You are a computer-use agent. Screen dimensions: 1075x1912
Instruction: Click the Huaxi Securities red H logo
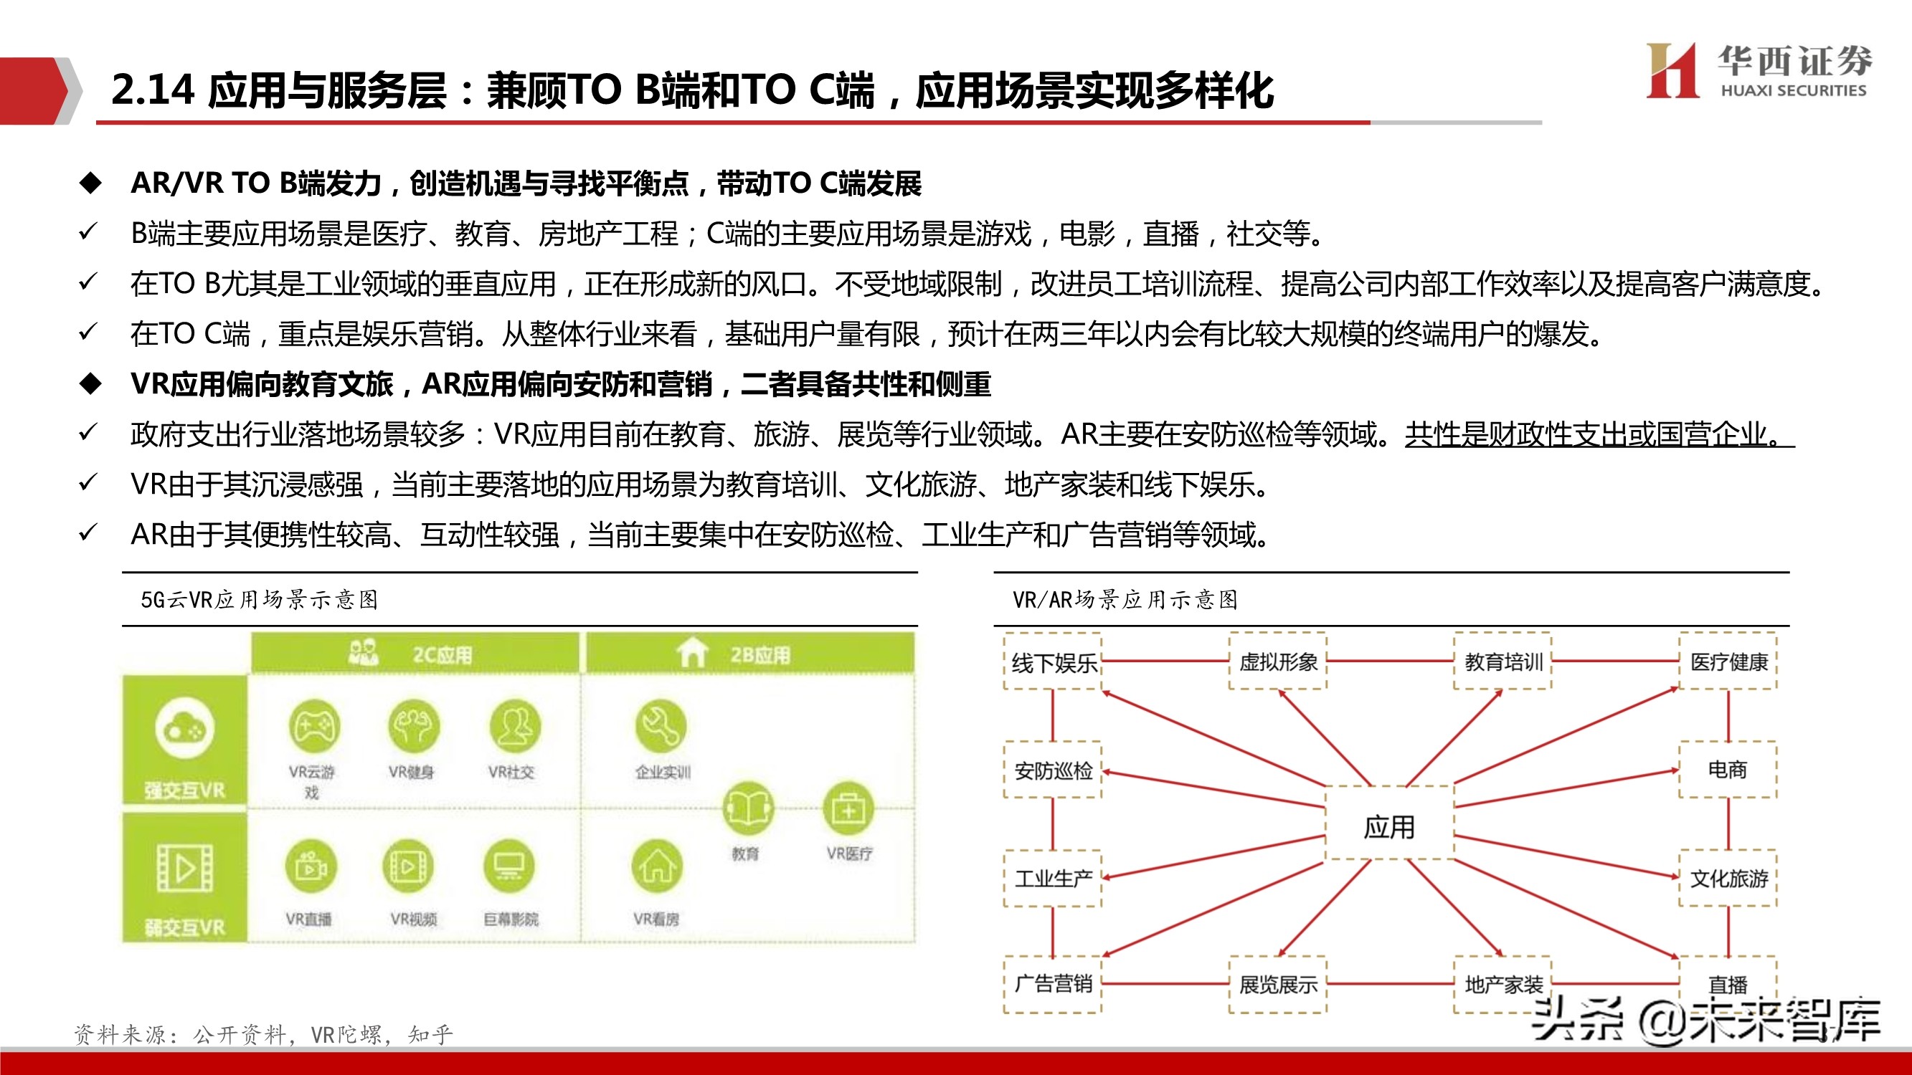coord(1672,70)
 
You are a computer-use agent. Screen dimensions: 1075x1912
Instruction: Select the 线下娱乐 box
coord(1053,661)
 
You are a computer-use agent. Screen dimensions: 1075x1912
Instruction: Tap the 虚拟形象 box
coord(1277,661)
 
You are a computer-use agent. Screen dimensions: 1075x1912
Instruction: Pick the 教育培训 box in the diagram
coord(1503,661)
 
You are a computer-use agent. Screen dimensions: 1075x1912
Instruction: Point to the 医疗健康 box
coord(1728,661)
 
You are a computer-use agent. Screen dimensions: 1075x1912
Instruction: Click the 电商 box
coord(1728,769)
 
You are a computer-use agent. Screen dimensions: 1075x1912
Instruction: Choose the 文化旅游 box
coord(1728,879)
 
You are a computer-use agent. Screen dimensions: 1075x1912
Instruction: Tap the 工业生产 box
coord(1053,879)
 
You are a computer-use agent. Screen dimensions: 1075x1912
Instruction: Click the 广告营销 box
coord(1053,985)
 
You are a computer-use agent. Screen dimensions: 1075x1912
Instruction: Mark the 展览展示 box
coord(1277,985)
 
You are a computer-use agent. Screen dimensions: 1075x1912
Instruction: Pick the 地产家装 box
coord(1503,985)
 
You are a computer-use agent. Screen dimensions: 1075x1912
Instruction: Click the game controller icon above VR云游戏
coord(313,725)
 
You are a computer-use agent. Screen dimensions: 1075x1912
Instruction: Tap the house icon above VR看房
coord(657,866)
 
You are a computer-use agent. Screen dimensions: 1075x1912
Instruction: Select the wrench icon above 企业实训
coord(661,725)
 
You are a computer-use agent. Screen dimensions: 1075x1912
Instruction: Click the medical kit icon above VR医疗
coord(848,808)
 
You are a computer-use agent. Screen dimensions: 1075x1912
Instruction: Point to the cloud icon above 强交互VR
coord(185,729)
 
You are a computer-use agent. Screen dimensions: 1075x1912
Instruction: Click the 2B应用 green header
coord(749,654)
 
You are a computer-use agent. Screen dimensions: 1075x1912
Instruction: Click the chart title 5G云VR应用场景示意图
coord(260,599)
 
